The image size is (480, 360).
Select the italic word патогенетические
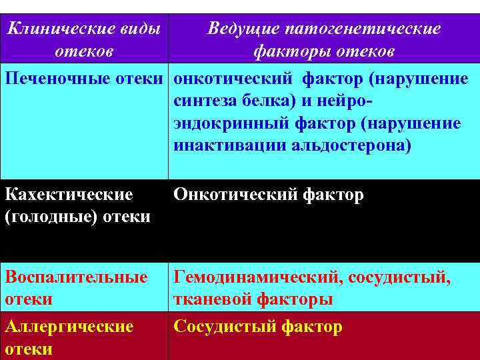coord(363,29)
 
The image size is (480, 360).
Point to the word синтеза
coord(203,102)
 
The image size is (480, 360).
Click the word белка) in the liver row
coord(266,102)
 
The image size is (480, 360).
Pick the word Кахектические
coord(69,195)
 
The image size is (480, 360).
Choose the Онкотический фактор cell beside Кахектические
coord(269,195)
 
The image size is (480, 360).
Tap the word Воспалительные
coord(76,277)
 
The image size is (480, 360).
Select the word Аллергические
coord(69,327)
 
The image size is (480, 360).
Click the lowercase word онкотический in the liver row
coord(233,79)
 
